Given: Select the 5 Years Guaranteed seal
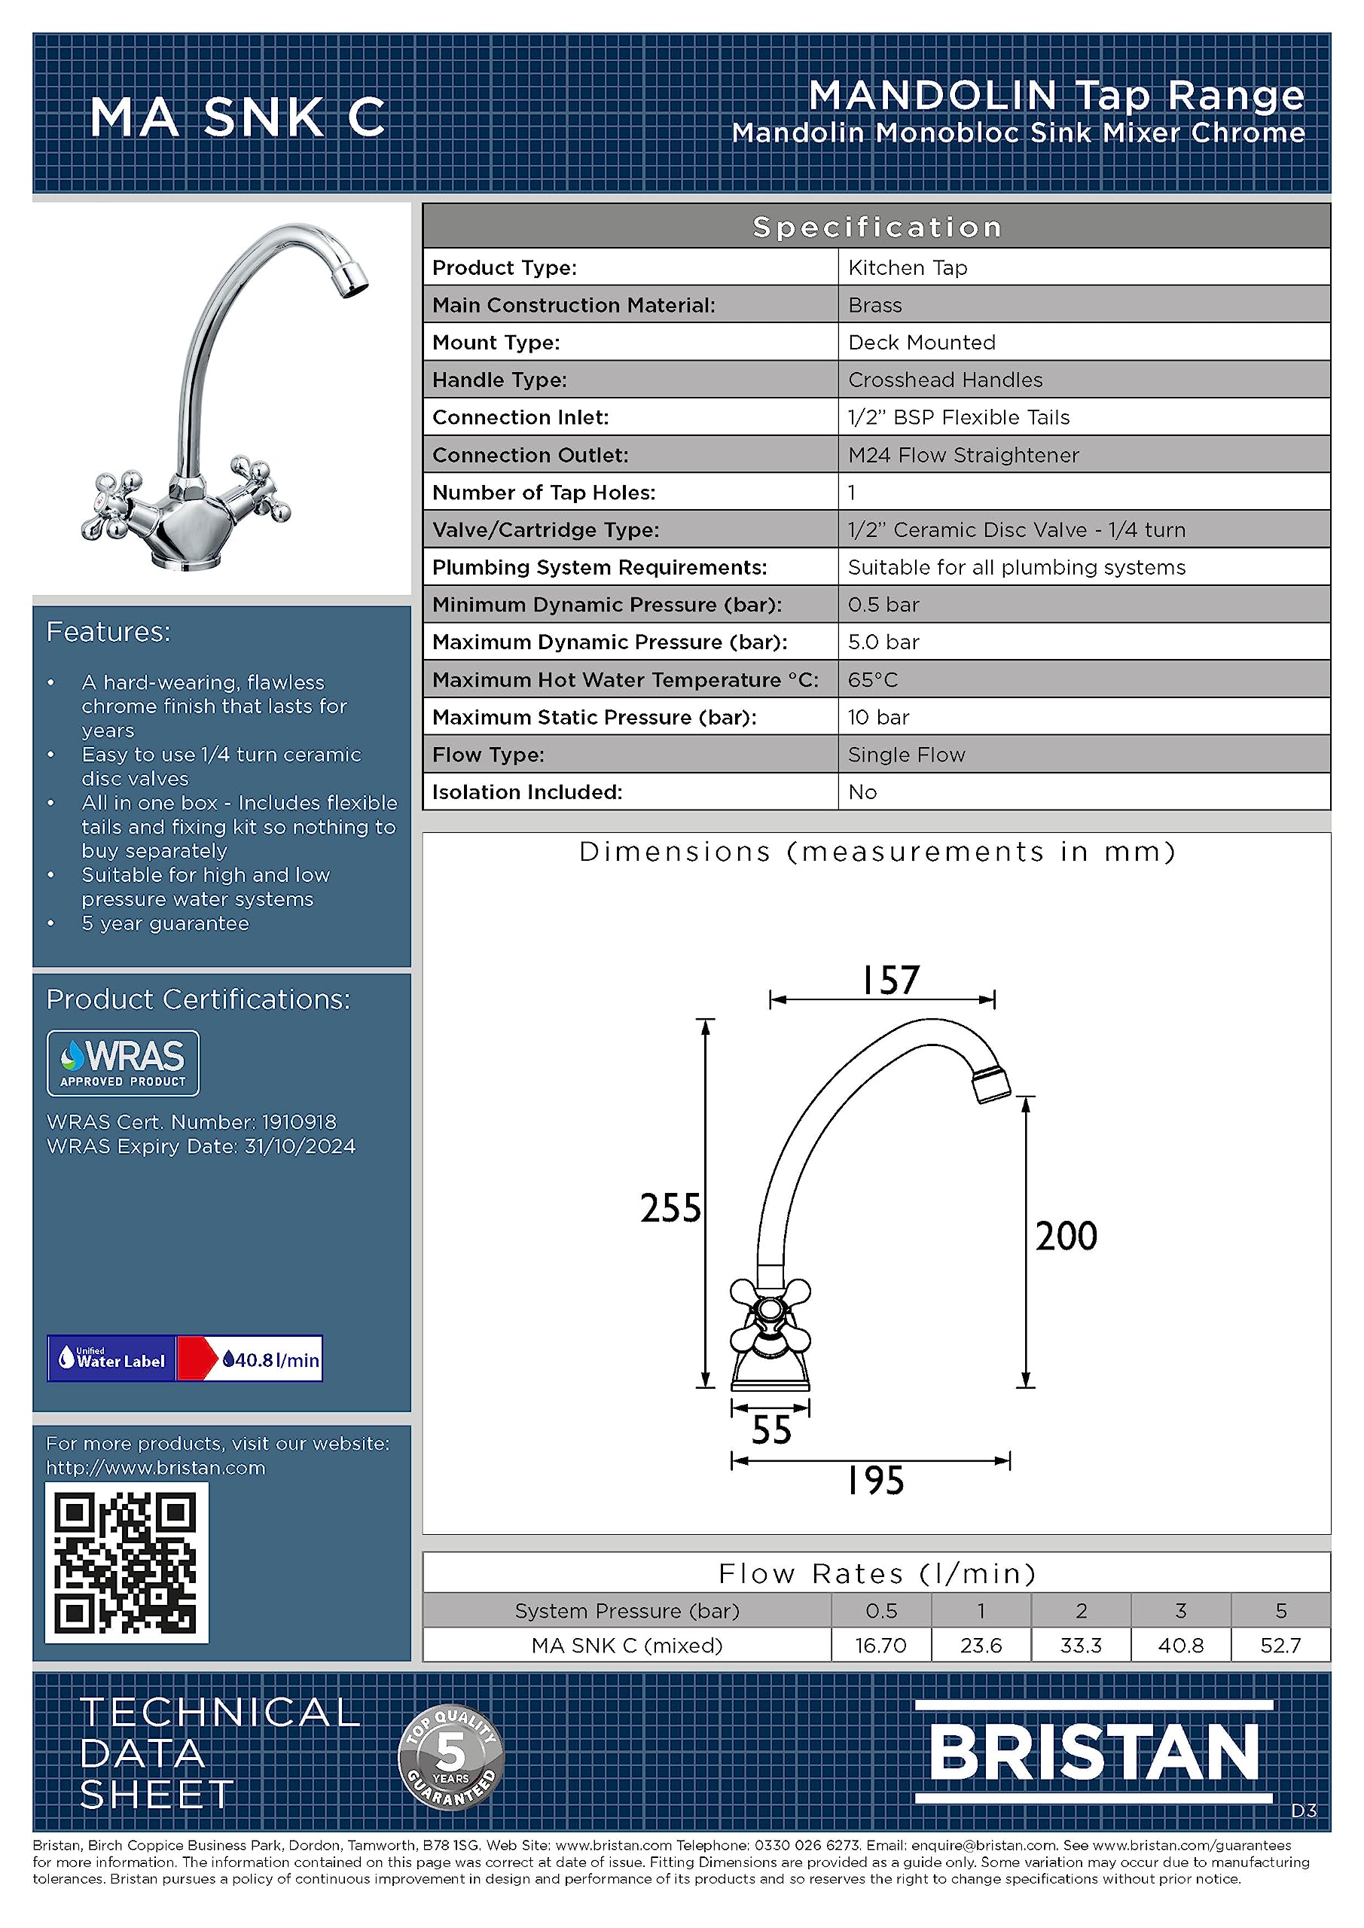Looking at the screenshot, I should tap(451, 1757).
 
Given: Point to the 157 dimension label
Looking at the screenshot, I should tap(890, 980).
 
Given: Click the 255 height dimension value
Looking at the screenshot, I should tap(670, 1207).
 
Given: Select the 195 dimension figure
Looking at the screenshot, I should tap(875, 1481).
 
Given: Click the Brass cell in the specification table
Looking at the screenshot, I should tap(875, 305).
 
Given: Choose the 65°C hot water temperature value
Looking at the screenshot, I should tap(873, 679).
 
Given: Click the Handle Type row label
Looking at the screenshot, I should tap(499, 380).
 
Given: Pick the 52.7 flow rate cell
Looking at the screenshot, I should tap(1280, 1645).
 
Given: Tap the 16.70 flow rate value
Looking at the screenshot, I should tap(880, 1645).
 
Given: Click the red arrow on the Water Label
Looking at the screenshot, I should tap(198, 1358).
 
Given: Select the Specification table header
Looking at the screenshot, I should tap(876, 227).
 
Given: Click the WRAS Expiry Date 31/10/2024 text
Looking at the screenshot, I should tap(201, 1146).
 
